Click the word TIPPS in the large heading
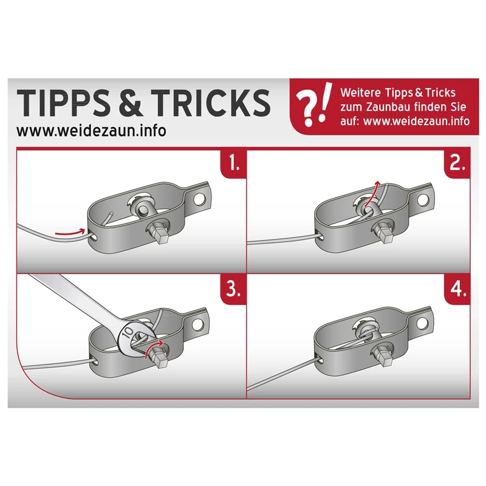[64, 103]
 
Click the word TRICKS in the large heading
[211, 103]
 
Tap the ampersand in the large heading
[131, 103]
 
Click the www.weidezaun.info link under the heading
[92, 131]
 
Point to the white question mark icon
[305, 109]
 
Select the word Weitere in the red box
[360, 93]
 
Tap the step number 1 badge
[234, 163]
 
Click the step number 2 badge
[457, 163]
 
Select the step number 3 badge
[234, 289]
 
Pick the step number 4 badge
[457, 289]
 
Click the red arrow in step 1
[70, 231]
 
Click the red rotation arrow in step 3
[154, 348]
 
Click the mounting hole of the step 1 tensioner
[199, 200]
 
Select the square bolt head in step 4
[385, 357]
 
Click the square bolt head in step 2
[385, 233]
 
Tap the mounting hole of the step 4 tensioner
[422, 324]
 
